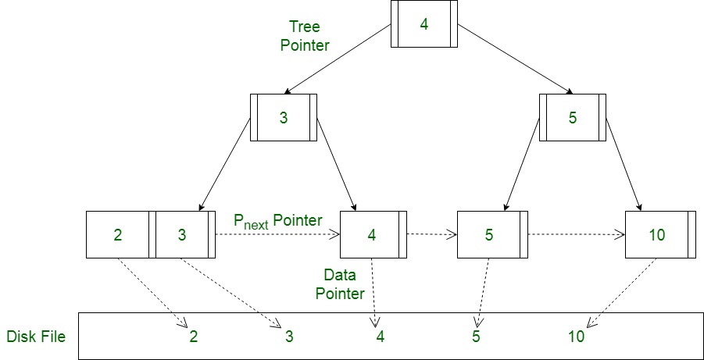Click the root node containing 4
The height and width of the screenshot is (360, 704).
click(x=424, y=23)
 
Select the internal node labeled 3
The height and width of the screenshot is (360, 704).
click(x=283, y=118)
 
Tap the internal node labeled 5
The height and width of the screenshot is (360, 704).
click(x=572, y=118)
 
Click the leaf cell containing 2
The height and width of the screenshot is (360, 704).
click(x=117, y=234)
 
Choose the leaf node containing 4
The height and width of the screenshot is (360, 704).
click(x=372, y=234)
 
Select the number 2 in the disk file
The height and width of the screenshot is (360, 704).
click(x=193, y=337)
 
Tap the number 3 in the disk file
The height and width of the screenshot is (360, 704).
click(x=288, y=337)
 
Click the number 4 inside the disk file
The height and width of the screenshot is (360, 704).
click(x=380, y=337)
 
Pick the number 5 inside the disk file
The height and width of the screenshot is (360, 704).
click(x=476, y=337)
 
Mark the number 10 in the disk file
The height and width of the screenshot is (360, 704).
click(x=576, y=337)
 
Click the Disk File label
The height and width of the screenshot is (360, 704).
click(x=36, y=337)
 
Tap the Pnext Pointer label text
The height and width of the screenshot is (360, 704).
click(x=278, y=221)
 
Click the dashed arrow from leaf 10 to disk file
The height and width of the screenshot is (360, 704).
click(x=622, y=292)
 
